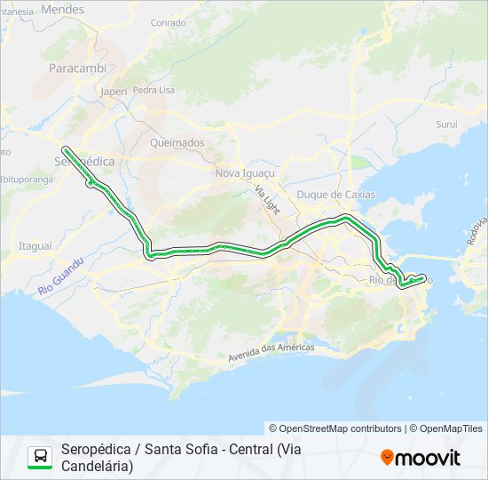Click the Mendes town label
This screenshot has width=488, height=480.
point(63,10)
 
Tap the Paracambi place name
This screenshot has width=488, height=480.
point(78,68)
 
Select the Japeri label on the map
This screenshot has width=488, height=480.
point(114,91)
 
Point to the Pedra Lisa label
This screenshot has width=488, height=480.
point(153,91)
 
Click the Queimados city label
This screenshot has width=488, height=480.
point(177,142)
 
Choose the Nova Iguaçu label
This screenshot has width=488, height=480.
point(246,173)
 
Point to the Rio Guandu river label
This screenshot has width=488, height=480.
point(60,277)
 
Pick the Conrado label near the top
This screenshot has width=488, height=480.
point(169,23)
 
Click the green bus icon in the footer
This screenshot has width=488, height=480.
point(39,457)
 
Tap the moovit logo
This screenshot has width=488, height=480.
point(421,458)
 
